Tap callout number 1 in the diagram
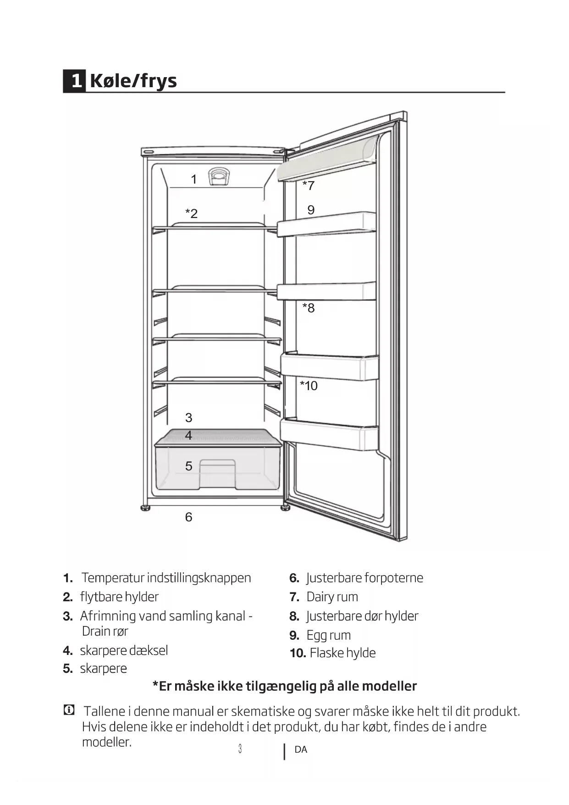[194, 179]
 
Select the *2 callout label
[191, 213]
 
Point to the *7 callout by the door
[308, 185]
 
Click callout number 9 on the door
[311, 210]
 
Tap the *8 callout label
[308, 307]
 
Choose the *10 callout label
[309, 386]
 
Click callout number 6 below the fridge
[188, 517]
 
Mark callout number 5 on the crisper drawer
[188, 466]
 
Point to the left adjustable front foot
[146, 508]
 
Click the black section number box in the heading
[74, 81]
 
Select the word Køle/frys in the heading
[133, 81]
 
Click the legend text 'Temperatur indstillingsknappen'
[166, 578]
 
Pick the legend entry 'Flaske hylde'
[343, 653]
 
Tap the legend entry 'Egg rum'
[328, 635]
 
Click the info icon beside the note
[68, 710]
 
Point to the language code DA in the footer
[301, 749]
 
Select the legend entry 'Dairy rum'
[332, 597]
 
